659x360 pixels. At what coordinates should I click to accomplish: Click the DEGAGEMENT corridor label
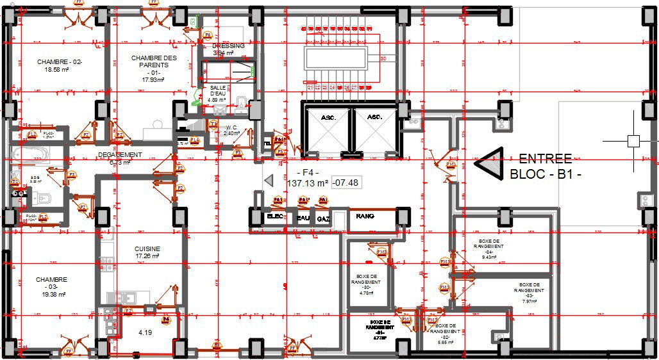point(120,156)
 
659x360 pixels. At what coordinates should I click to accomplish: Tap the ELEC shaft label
point(275,218)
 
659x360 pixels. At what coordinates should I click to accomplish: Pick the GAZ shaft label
point(323,218)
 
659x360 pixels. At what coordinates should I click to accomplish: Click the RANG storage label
point(365,217)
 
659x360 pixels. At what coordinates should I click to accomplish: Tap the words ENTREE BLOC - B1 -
point(545,166)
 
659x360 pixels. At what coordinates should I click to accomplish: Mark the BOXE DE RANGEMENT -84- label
point(488,249)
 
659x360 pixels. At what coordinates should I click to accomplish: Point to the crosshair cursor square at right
point(633,141)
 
